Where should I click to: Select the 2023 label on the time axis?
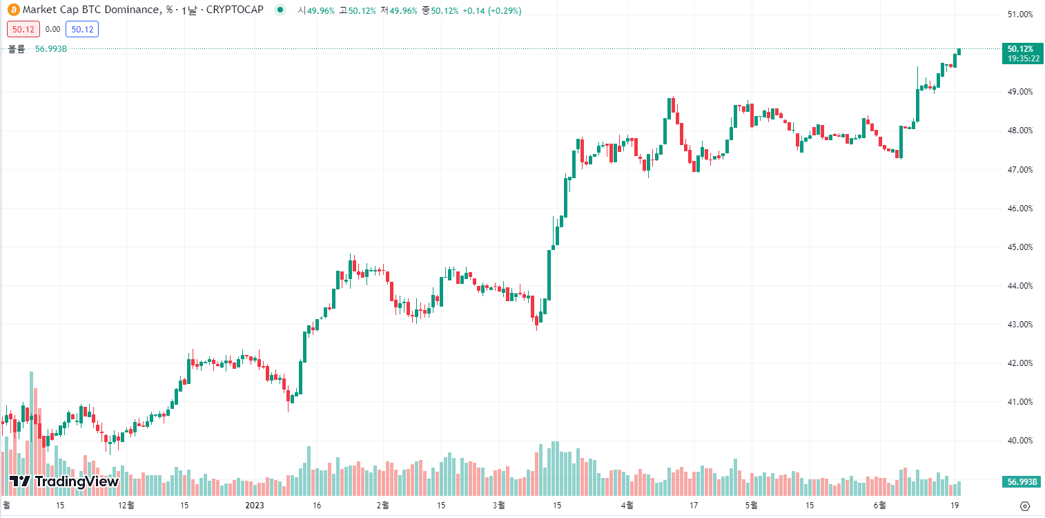pyautogui.click(x=255, y=506)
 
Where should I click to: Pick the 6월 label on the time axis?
pyautogui.click(x=880, y=506)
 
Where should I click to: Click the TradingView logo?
pyautogui.click(x=64, y=481)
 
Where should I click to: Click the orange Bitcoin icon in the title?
pyautogui.click(x=14, y=10)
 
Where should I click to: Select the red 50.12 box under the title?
pyautogui.click(x=23, y=29)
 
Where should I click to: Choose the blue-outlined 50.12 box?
pyautogui.click(x=83, y=29)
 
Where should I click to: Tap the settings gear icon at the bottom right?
pyautogui.click(x=1025, y=506)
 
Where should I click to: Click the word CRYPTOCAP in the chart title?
pyautogui.click(x=235, y=10)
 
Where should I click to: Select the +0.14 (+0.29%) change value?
pyautogui.click(x=492, y=11)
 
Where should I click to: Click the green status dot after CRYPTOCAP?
pyautogui.click(x=280, y=10)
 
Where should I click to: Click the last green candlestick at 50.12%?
pyautogui.click(x=959, y=51)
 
